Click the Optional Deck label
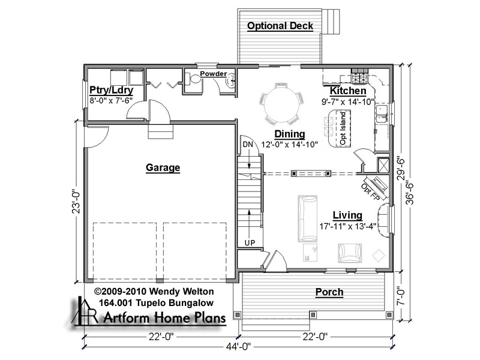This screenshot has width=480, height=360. (x=280, y=26)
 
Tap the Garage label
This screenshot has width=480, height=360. (x=163, y=168)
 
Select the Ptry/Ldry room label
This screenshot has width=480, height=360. (x=112, y=91)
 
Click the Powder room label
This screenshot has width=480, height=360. (x=214, y=74)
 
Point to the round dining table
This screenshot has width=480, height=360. (x=282, y=104)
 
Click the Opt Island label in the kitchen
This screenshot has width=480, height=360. (x=343, y=128)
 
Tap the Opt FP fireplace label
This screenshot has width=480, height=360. (x=370, y=192)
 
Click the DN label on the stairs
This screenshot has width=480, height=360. (x=248, y=144)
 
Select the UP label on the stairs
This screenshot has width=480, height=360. (x=250, y=243)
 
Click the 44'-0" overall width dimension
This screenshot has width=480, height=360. (x=238, y=347)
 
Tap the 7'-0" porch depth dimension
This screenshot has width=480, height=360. (x=401, y=296)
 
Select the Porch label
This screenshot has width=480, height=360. (x=329, y=292)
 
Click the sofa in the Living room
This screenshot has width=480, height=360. (x=307, y=218)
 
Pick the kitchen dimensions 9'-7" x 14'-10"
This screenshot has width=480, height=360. (x=348, y=102)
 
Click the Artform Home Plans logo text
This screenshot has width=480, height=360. (x=164, y=317)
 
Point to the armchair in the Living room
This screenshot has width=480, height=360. (x=350, y=253)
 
